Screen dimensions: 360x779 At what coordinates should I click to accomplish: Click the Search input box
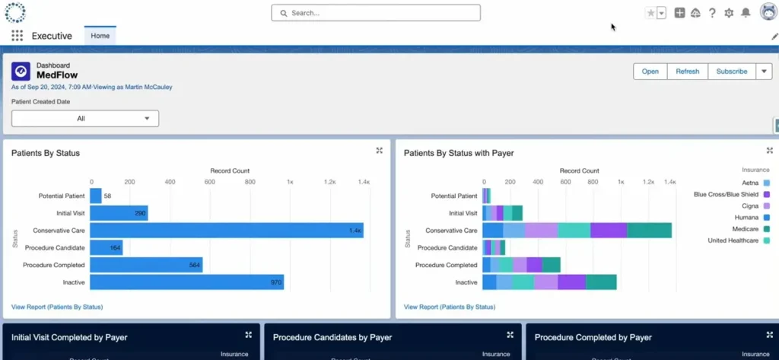tap(376, 13)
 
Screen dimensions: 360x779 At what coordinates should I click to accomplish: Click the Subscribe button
tap(731, 72)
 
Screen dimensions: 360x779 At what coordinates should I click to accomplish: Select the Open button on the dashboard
tap(650, 72)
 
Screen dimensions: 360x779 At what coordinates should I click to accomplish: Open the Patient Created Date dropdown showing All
tap(85, 119)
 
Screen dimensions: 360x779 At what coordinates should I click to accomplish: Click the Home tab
tap(100, 36)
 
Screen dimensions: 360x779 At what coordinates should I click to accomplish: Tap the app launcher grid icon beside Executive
tap(17, 36)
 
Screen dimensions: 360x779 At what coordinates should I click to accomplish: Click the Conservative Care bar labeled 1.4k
tap(227, 231)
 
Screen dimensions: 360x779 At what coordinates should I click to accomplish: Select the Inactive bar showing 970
tap(186, 282)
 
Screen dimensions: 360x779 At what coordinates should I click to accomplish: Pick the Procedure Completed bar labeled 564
tap(146, 265)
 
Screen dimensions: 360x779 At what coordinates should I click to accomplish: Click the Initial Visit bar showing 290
tap(119, 214)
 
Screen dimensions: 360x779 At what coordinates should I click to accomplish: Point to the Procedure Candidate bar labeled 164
tap(106, 248)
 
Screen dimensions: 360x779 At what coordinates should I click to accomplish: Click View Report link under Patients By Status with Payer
tap(449, 307)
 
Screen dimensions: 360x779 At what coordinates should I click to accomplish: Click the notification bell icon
tap(746, 13)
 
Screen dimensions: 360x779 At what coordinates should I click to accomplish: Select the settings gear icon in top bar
tap(729, 13)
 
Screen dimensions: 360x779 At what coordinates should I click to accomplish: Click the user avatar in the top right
tap(768, 12)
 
